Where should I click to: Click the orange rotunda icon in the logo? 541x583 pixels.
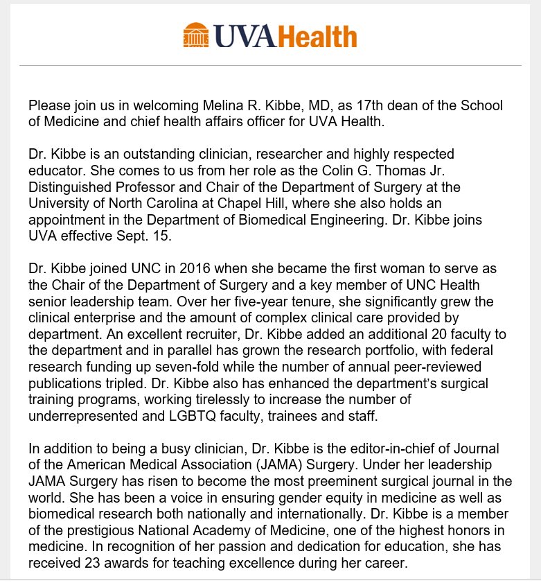[196, 35]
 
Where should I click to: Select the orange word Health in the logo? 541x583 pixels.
[317, 35]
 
